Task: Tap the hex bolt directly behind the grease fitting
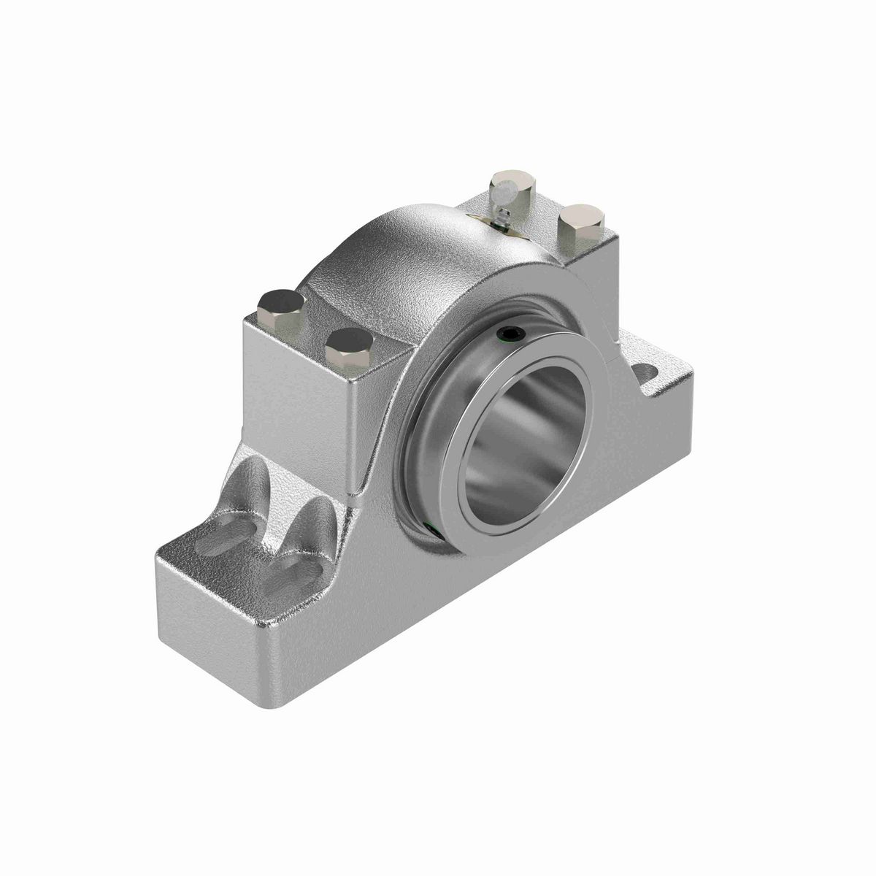pos(514,182)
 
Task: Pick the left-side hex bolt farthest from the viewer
pos(280,305)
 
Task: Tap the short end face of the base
pos(212,628)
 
